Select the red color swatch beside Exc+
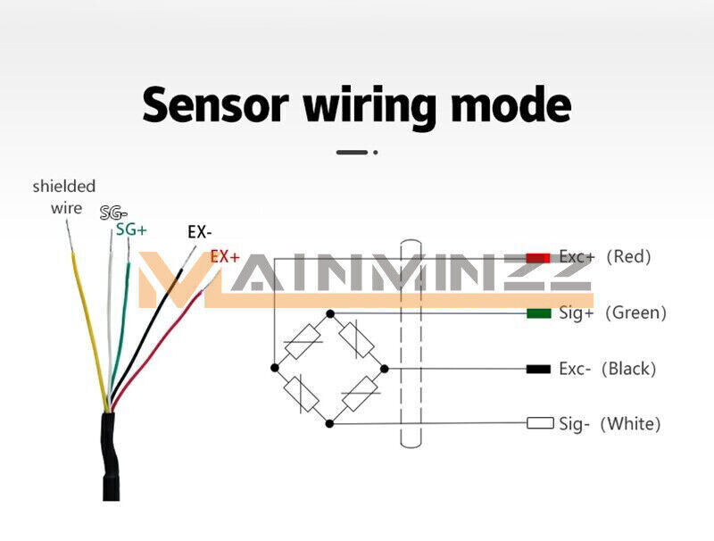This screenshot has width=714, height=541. [x=538, y=257]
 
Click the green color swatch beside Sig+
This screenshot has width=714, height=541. [x=538, y=313]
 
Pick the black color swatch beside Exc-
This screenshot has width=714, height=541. [x=539, y=369]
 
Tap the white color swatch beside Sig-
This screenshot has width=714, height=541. [x=540, y=423]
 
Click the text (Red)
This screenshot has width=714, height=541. [x=628, y=257]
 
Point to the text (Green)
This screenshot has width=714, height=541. [x=635, y=313]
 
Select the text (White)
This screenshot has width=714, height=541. [x=631, y=424]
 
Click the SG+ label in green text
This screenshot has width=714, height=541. [x=131, y=229]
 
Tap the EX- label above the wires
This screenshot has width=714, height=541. [x=199, y=232]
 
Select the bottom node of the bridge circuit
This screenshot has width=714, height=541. [x=330, y=421]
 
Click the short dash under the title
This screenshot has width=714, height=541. [x=352, y=153]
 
